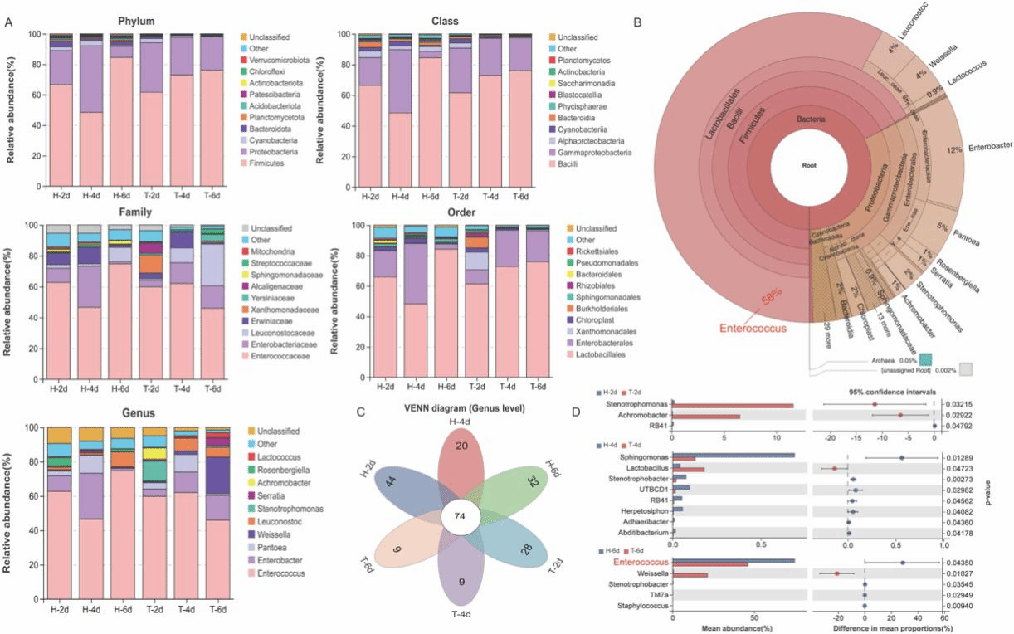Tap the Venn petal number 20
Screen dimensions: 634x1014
[x=462, y=446]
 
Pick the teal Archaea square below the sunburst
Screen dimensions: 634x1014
[x=926, y=358]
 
